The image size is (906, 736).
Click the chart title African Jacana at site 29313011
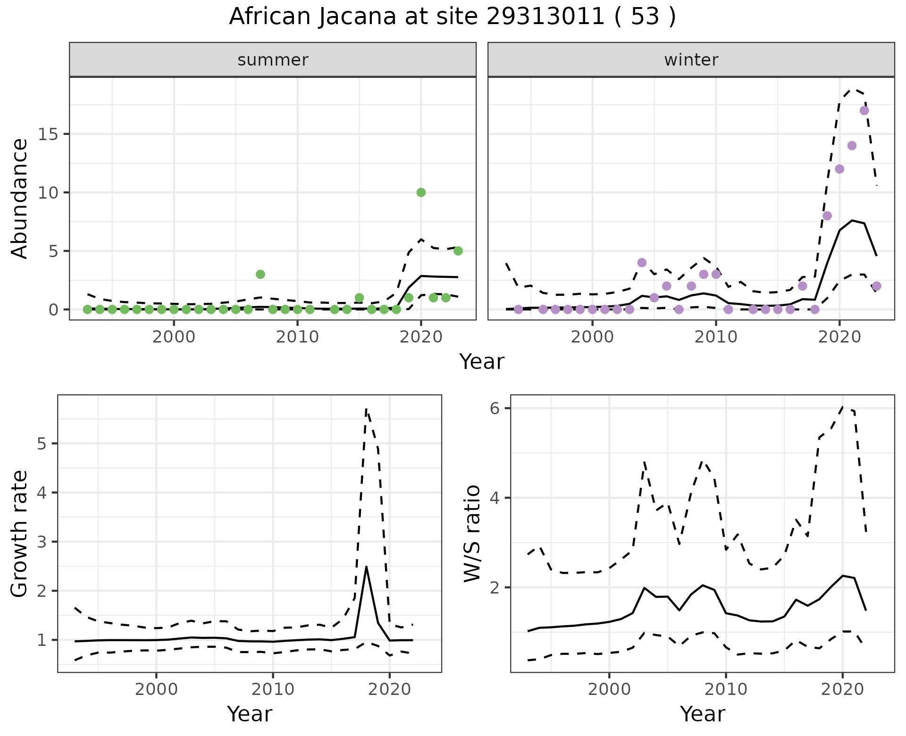point(452,17)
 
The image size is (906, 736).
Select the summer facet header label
point(273,60)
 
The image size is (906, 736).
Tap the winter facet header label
point(691,60)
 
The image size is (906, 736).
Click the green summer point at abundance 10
point(421,192)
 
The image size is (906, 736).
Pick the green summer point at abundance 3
point(260,274)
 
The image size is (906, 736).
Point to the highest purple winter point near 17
point(864,110)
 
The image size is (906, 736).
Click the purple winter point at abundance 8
point(827,216)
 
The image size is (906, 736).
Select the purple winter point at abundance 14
point(852,145)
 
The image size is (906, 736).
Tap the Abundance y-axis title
point(20,198)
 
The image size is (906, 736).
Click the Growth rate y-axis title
point(20,534)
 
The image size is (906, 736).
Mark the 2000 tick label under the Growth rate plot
point(156,689)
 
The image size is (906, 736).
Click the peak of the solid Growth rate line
point(367,567)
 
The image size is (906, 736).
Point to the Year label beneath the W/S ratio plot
point(702,714)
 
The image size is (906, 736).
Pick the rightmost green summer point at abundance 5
point(458,251)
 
